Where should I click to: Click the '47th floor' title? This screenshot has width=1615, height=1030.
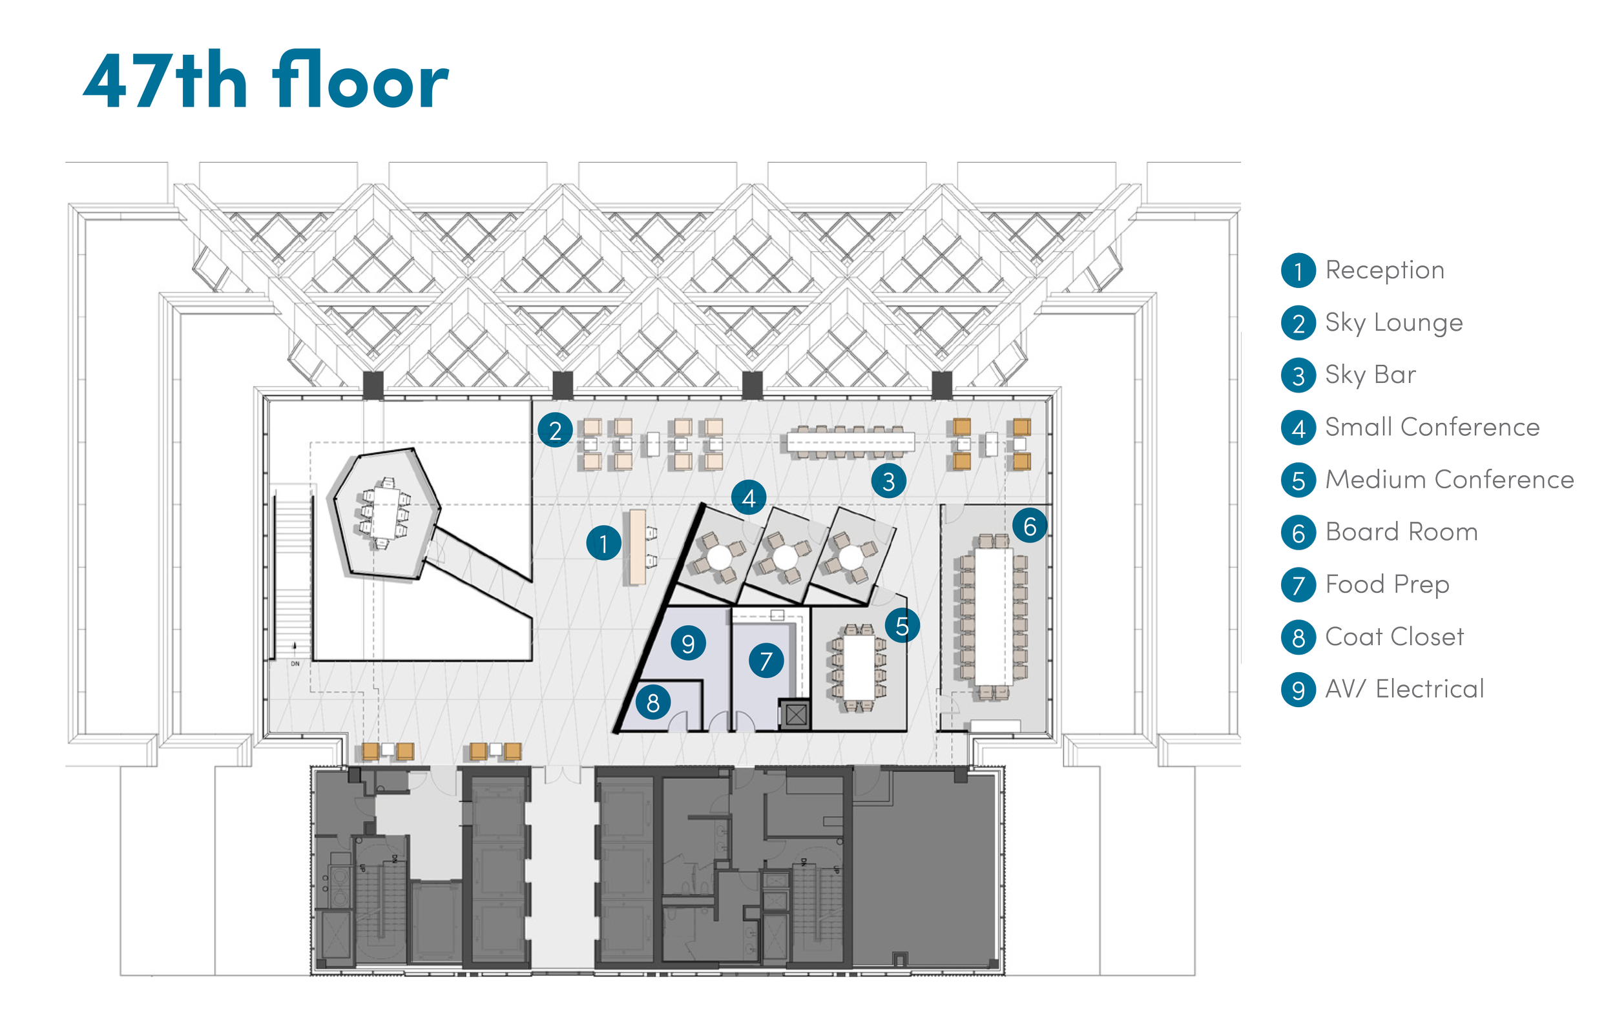266,80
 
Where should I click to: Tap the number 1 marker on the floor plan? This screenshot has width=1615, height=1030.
603,543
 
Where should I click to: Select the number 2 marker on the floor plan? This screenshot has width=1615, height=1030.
555,431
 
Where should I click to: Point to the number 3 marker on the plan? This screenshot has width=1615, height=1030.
889,482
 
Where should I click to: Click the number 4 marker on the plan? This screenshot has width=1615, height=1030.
749,498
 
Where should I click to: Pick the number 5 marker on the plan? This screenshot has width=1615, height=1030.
902,626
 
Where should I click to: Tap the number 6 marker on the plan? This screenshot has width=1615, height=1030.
1030,526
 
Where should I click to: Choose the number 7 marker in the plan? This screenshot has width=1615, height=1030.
766,661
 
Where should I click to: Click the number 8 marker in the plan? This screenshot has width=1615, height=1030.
652,703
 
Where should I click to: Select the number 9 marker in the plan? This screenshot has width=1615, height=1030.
688,644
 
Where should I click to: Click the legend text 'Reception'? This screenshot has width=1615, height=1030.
1384,270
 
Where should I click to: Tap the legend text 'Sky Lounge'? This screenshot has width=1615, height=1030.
1393,322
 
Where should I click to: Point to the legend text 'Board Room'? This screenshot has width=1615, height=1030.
1402,531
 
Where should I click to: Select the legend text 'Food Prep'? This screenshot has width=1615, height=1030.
1387,584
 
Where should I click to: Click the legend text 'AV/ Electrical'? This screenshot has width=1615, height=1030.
1404,688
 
